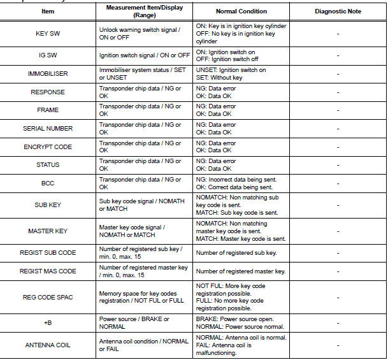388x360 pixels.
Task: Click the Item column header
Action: [48, 12]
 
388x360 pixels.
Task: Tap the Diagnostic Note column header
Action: [337, 12]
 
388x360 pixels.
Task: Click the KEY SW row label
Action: [48, 33]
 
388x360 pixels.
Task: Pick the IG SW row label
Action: [48, 55]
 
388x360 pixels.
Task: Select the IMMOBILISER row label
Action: [48, 74]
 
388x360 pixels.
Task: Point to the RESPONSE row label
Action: [48, 92]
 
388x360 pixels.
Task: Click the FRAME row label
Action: [48, 110]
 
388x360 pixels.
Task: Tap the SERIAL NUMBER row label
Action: [48, 129]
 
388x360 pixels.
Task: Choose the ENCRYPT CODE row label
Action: [48, 147]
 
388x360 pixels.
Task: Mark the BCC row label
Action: [48, 183]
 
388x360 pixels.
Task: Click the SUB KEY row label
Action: [48, 205]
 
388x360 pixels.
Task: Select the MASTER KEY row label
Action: [48, 231]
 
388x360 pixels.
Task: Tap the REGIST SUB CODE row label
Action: [48, 253]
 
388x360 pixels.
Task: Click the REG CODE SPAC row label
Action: [48, 298]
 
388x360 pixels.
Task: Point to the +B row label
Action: [48, 323]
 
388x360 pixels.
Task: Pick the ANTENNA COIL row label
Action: [48, 345]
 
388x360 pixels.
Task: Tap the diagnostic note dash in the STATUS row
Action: [337, 165]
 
